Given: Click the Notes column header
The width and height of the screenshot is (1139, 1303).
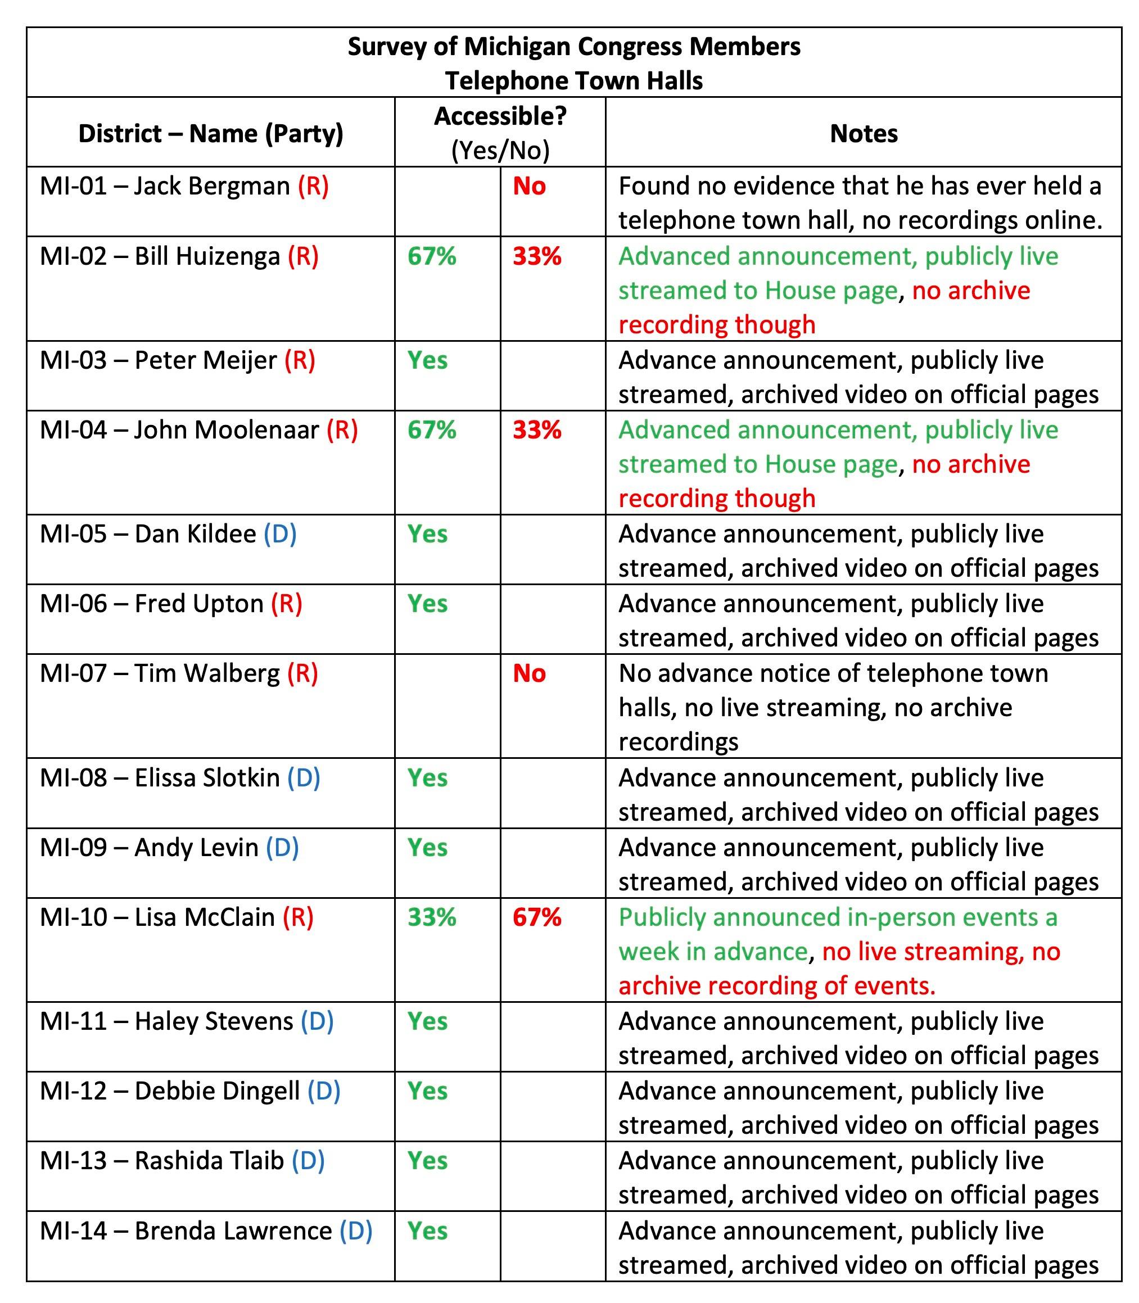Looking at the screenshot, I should coord(863,133).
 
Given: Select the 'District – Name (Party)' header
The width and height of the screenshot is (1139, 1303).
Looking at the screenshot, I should coord(210,133).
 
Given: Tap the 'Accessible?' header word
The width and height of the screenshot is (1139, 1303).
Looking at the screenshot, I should coord(500,116).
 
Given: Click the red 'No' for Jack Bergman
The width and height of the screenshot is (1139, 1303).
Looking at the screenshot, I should coord(529,186).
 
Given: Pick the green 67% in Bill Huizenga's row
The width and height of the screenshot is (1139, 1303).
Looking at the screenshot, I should coord(432,256).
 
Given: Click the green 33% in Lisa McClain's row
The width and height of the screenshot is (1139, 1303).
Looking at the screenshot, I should coord(432,917).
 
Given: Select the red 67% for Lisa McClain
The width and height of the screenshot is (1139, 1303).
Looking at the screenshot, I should coord(537,917).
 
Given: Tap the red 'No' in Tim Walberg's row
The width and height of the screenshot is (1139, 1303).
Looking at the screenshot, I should coord(529,673).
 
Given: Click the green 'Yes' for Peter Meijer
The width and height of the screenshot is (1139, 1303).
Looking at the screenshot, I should coord(427,360).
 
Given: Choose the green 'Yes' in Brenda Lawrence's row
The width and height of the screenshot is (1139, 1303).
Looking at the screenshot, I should coord(427,1231).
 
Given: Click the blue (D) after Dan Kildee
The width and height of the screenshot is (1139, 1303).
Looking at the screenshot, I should coord(281,534).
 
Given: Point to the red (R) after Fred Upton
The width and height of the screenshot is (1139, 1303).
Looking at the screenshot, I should coord(287,604).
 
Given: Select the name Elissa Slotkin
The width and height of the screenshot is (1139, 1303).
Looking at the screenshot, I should coord(207,778).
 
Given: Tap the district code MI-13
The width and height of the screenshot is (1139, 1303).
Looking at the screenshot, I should coord(73,1161).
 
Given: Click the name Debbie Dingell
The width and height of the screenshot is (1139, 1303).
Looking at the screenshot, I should coord(217,1091).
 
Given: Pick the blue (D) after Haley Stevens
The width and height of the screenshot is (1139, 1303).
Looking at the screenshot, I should coord(317,1021).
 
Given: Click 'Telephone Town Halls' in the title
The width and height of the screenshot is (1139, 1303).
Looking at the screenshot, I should coord(574,81).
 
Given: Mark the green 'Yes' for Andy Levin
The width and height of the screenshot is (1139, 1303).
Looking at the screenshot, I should coord(427,847).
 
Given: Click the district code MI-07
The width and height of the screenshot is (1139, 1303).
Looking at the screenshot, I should coord(73,673).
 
